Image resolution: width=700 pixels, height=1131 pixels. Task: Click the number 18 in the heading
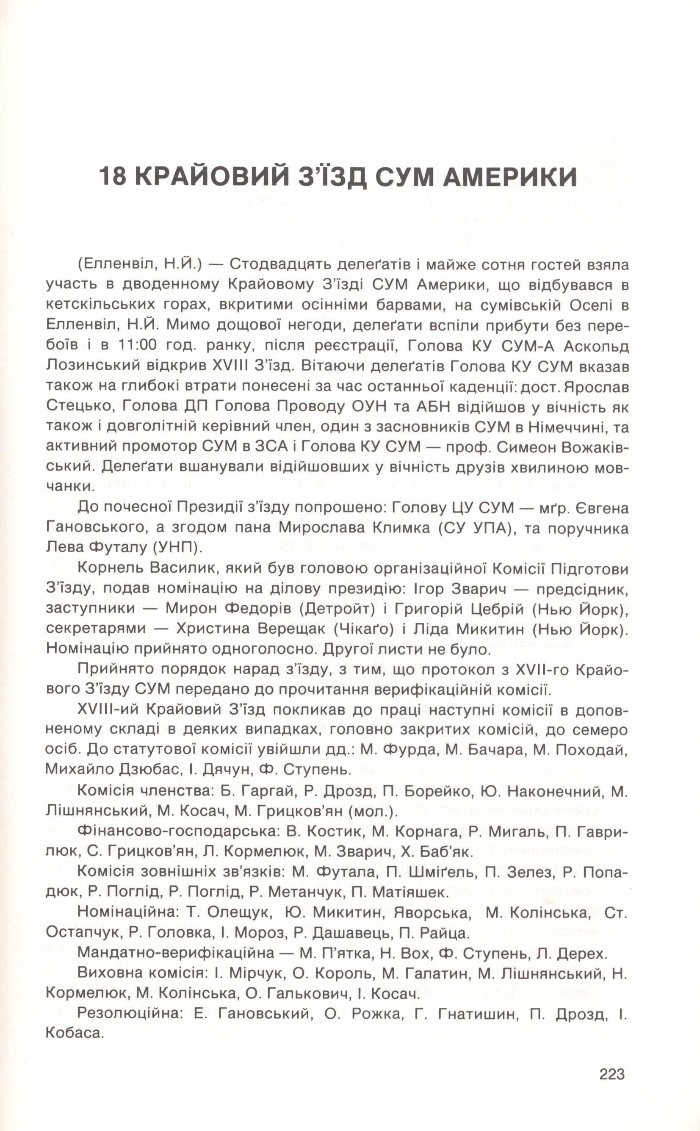point(113,176)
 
